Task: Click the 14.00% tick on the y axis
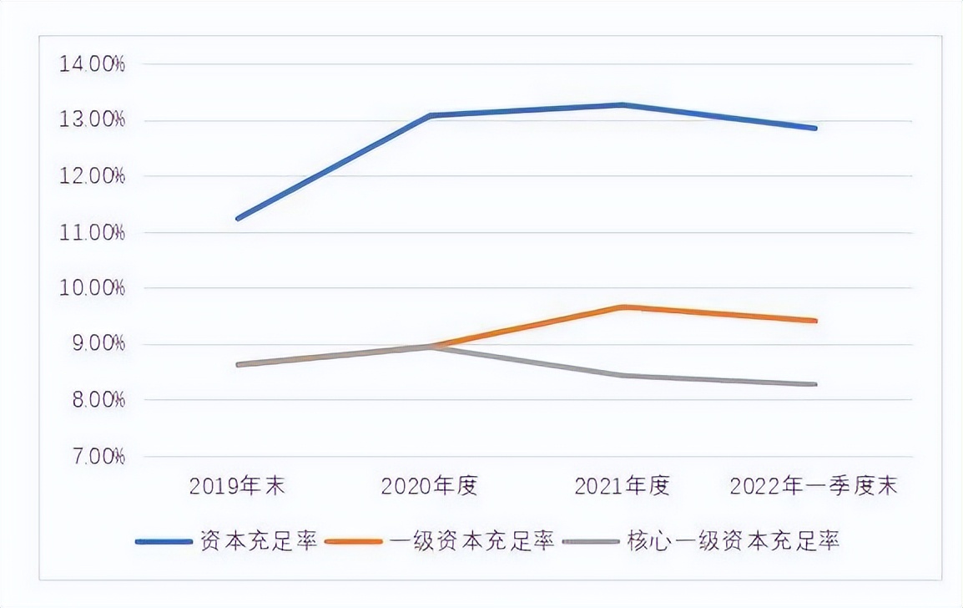pos(92,64)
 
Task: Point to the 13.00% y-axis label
pos(92,120)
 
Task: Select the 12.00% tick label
pos(92,176)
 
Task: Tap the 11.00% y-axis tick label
pos(92,232)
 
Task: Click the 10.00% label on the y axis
pos(92,288)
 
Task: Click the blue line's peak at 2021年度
pos(623,105)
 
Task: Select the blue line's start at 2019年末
pos(239,219)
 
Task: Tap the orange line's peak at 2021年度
pos(623,307)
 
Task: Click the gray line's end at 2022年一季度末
pos(815,384)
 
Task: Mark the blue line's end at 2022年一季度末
pos(815,129)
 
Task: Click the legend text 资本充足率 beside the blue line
pos(259,541)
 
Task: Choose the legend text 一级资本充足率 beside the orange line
pos(472,541)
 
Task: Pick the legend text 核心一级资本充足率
pos(733,541)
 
